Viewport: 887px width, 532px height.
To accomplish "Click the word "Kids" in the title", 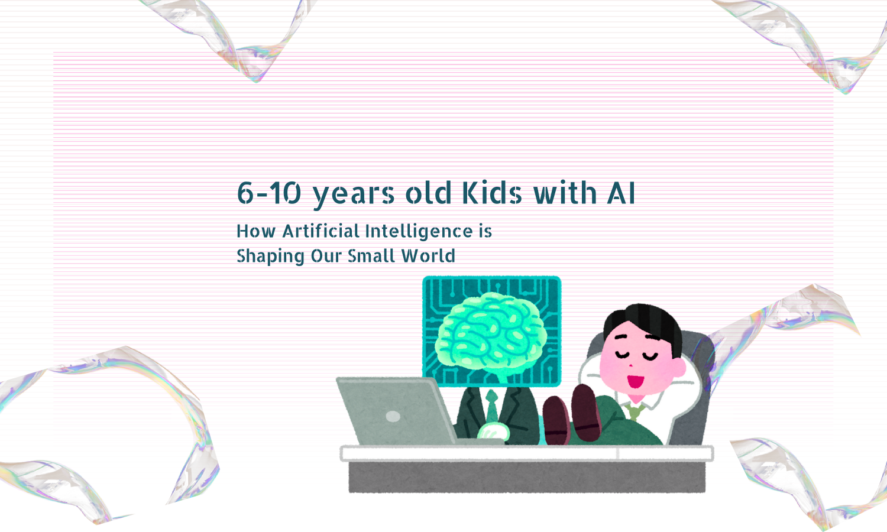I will pyautogui.click(x=491, y=193).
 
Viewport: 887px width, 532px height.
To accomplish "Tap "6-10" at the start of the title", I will pyautogui.click(x=269, y=193).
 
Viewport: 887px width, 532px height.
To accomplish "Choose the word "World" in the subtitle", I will pyautogui.click(x=428, y=256).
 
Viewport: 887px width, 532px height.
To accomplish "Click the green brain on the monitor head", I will pyautogui.click(x=490, y=334).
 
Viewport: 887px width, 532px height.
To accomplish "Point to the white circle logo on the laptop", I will pyautogui.click(x=393, y=417).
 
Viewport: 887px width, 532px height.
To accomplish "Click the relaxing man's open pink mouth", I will pyautogui.click(x=635, y=381).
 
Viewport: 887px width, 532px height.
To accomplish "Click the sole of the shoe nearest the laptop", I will pyautogui.click(x=556, y=421).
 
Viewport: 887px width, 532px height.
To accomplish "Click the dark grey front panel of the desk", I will pyautogui.click(x=526, y=476).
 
